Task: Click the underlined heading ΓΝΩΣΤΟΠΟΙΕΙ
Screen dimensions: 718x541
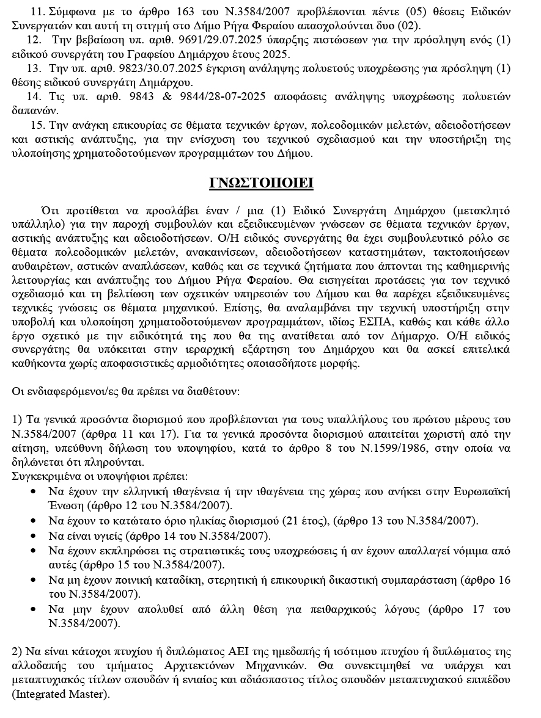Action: [x=262, y=184]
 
